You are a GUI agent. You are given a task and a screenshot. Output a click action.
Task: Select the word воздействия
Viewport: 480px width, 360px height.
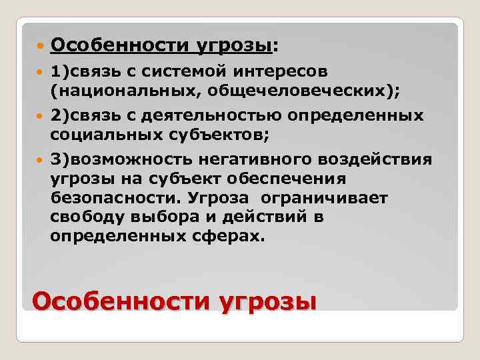376,160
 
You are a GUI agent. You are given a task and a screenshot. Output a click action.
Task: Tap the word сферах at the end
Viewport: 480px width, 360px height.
227,237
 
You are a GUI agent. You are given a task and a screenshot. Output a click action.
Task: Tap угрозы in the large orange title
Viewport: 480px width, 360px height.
266,301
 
